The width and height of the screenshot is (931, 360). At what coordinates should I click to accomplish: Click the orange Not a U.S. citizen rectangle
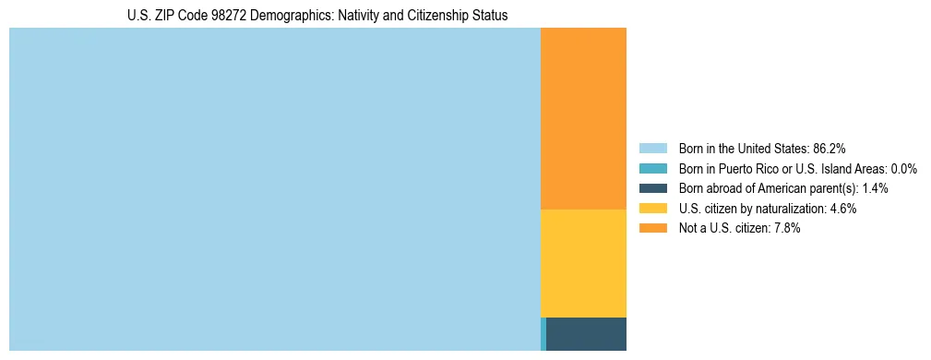(583, 118)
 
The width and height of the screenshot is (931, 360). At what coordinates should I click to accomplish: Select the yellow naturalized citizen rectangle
(583, 263)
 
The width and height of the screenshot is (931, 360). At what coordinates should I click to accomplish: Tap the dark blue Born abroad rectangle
(586, 333)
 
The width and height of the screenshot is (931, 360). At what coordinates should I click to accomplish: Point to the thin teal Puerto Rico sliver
(543, 333)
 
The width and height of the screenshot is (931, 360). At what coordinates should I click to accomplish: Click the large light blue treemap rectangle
(274, 189)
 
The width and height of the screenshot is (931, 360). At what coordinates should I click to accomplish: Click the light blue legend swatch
(652, 149)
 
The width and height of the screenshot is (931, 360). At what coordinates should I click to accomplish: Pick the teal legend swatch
(652, 169)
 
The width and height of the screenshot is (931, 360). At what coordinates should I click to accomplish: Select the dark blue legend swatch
(652, 188)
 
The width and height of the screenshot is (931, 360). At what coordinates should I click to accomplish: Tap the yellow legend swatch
(652, 209)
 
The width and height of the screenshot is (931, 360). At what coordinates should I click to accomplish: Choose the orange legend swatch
(652, 229)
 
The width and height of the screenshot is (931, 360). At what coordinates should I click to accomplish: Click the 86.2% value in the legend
(830, 149)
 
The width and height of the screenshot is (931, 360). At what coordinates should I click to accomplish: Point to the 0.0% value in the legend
(903, 169)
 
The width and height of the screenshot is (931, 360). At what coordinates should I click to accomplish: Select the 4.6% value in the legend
(842, 209)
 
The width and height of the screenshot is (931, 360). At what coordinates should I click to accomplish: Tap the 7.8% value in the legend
(786, 229)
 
